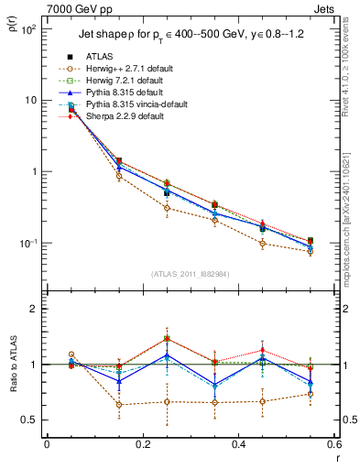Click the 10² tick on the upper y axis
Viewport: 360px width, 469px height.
click(x=29, y=29)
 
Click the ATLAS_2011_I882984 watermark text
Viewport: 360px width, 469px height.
click(x=190, y=274)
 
